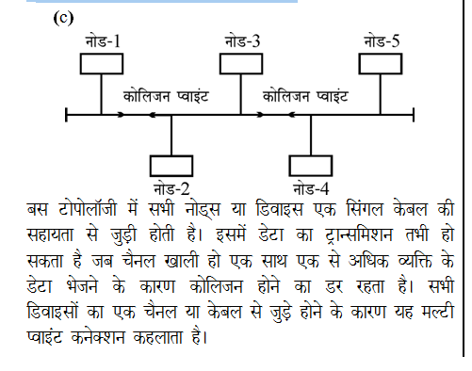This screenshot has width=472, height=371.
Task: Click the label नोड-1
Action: (103, 41)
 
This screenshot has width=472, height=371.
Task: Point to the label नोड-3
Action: (243, 41)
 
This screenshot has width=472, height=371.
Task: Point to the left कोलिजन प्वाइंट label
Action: (166, 96)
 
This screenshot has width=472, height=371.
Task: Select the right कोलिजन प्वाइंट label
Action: (306, 96)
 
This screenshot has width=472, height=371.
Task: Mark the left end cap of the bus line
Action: (66, 115)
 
